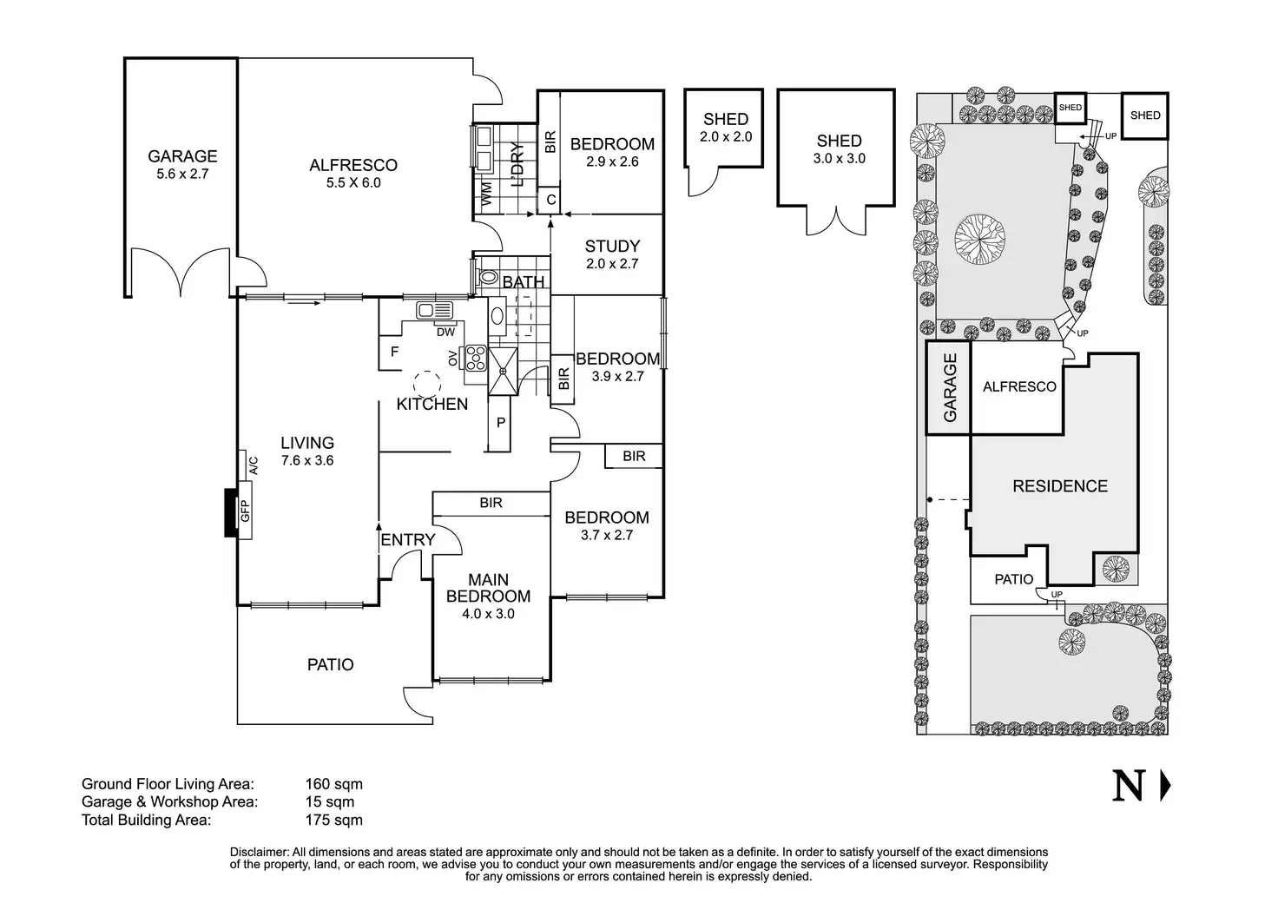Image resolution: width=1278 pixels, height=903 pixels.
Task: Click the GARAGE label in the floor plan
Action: [x=182, y=155]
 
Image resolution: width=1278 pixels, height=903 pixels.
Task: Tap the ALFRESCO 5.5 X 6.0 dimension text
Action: [x=353, y=182]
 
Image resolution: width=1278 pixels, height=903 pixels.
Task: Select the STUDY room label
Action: [x=612, y=246]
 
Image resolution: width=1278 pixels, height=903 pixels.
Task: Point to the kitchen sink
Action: [x=435, y=310]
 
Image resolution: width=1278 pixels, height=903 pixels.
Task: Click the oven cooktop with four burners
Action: [x=475, y=358]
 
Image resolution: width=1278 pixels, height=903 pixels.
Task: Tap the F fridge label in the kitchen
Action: [x=394, y=352]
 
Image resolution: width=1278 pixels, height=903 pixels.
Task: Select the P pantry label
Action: [x=500, y=423]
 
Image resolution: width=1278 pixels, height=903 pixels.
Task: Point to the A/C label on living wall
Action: [x=254, y=465]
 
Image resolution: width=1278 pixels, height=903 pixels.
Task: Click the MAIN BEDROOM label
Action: [x=489, y=588]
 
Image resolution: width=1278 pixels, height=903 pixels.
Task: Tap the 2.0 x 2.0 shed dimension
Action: [x=726, y=137]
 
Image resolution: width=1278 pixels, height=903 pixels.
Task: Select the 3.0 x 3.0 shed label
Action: [x=840, y=159]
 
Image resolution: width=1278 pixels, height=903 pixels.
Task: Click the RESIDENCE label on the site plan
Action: [x=1060, y=486]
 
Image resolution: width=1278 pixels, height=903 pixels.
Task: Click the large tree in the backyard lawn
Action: [x=979, y=240]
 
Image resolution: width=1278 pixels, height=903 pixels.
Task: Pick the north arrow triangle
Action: [x=1166, y=786]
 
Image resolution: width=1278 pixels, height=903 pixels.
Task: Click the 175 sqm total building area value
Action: [x=333, y=820]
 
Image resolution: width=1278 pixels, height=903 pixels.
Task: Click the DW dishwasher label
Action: [x=445, y=332]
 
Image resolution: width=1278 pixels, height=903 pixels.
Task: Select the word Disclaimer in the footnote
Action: [x=260, y=853]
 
